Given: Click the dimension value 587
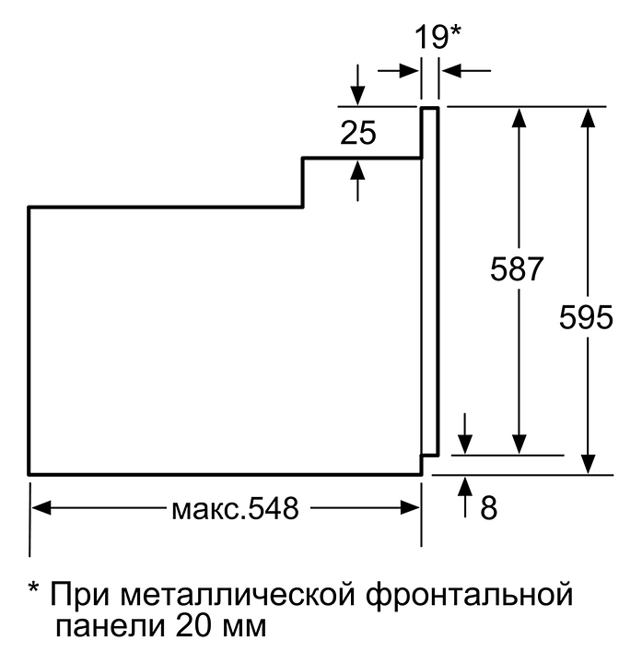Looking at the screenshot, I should pos(518,270).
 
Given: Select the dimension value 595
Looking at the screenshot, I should pos(586,318).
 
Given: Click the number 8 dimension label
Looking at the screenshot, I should pos(488,506).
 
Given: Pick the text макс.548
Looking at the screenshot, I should pos(235,508).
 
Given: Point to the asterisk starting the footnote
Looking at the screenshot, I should pos(34,589).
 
